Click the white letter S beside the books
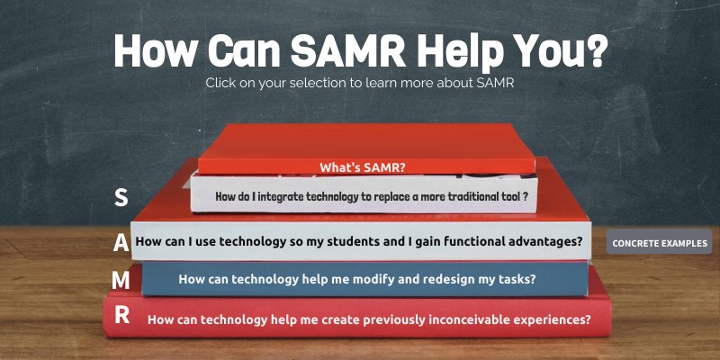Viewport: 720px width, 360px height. (121, 198)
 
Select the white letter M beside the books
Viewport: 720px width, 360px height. (121, 280)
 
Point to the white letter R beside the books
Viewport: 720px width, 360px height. (121, 315)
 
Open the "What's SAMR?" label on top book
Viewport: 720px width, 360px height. (363, 166)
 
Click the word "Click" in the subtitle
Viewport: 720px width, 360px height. (221, 83)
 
